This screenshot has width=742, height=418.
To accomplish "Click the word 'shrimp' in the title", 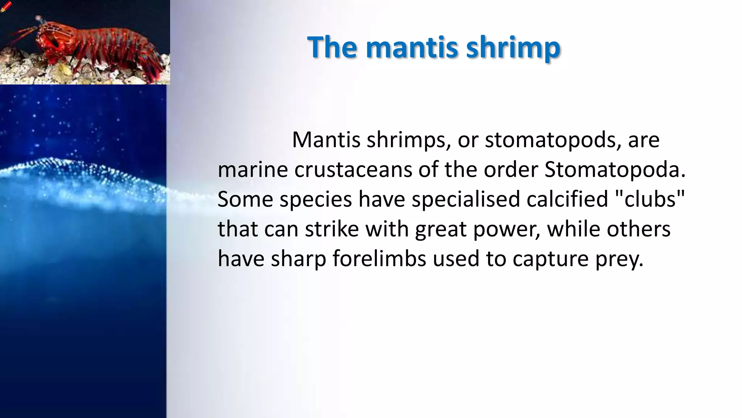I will point(513,47).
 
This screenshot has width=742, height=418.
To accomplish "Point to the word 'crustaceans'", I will point(353,169).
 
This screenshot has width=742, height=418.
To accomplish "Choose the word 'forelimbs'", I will point(379,259).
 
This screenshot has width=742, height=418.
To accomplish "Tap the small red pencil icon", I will point(6,7).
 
